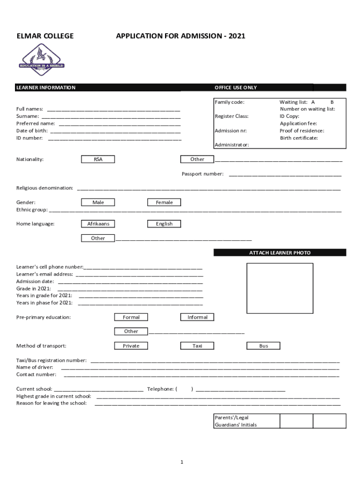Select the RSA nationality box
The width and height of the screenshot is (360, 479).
98,159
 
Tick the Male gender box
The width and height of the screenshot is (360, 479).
98,202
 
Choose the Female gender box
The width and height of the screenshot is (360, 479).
164,202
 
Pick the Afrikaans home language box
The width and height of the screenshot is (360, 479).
98,224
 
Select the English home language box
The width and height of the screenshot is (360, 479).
164,224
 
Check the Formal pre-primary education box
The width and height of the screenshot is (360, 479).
131,317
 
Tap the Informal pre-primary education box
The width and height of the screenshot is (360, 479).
197,317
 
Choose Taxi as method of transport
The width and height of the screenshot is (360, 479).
197,346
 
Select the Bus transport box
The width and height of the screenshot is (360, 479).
264,346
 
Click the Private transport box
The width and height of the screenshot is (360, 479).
131,346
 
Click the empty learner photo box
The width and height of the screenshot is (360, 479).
280,288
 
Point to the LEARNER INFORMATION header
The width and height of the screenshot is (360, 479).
46,87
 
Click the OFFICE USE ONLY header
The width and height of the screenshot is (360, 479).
236,87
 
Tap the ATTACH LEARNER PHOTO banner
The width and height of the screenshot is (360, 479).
280,253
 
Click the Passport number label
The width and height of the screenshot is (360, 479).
202,174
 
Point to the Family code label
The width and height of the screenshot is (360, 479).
230,102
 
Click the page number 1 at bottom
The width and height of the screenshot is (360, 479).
181,462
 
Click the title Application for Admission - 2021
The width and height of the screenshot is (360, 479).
180,36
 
